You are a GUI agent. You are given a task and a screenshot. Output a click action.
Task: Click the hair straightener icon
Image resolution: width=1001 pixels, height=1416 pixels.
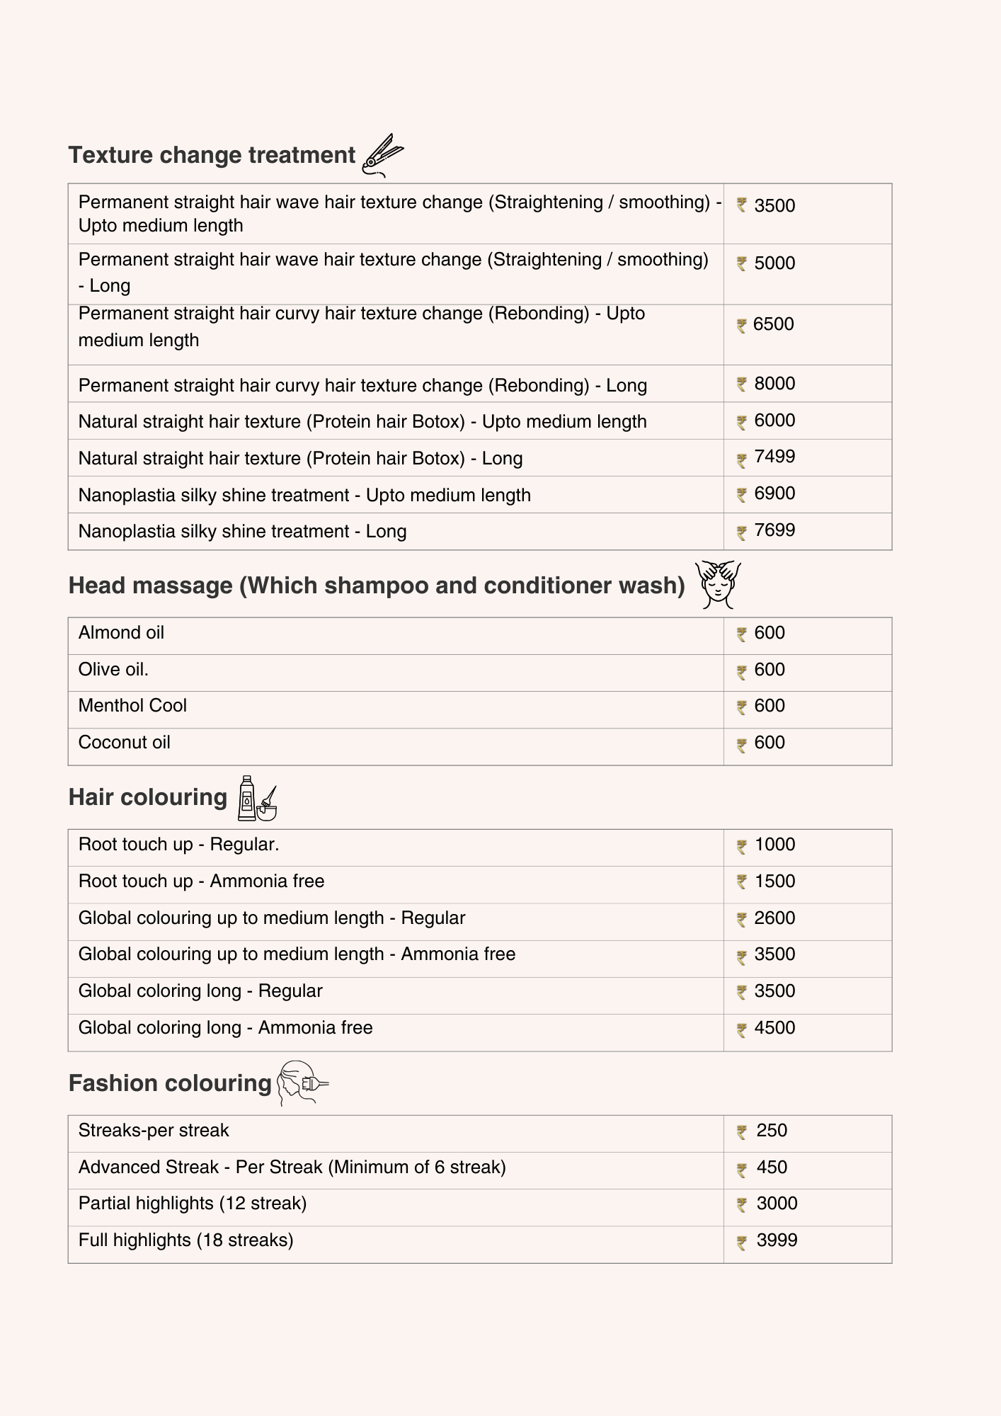pos(382,155)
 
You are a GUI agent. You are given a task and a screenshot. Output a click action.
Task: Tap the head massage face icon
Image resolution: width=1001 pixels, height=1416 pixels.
pos(718,585)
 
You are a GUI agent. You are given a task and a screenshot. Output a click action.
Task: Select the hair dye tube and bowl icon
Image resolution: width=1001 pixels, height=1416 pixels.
pos(256,798)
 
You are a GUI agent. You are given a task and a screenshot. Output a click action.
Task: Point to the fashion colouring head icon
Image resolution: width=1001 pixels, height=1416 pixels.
pos(302,1083)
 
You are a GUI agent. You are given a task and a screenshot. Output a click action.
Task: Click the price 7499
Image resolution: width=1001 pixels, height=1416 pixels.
pos(774,457)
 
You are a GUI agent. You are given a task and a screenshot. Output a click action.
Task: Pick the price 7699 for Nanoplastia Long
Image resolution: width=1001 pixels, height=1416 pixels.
pos(774,530)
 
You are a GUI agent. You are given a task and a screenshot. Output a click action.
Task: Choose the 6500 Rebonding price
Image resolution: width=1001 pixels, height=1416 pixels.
pos(773,324)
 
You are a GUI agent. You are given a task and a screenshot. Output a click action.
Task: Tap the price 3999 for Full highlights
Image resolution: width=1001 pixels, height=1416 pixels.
pos(777,1240)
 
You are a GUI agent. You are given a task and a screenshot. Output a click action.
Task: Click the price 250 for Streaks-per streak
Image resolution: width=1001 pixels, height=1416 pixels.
pos(772,1131)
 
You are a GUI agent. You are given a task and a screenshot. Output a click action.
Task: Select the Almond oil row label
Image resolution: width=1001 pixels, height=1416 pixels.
pos(121,633)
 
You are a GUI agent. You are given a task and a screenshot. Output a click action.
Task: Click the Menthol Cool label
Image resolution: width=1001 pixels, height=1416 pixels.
pos(132,706)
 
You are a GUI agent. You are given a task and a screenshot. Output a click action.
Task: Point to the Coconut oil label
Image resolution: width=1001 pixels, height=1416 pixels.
pos(125,743)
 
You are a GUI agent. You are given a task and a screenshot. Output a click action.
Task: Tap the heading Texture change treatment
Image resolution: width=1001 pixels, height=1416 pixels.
pos(212,155)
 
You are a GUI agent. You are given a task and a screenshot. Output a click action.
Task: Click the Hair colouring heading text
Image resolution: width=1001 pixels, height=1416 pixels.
pos(148,797)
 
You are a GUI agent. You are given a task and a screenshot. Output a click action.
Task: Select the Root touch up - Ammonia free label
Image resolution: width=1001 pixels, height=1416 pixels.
pos(201,881)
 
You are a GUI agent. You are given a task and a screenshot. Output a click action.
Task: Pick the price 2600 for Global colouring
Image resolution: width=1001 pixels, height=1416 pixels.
pos(774,918)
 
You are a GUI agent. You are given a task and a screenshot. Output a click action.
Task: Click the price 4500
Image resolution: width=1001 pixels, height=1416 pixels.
pos(774,1028)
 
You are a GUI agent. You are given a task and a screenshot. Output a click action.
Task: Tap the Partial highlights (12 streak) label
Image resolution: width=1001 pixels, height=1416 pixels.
pos(193,1204)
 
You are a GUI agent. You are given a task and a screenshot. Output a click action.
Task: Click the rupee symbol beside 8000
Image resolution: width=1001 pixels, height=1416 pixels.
pos(742,384)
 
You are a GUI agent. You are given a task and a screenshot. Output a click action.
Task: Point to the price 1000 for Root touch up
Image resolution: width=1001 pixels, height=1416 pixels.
pos(774,845)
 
